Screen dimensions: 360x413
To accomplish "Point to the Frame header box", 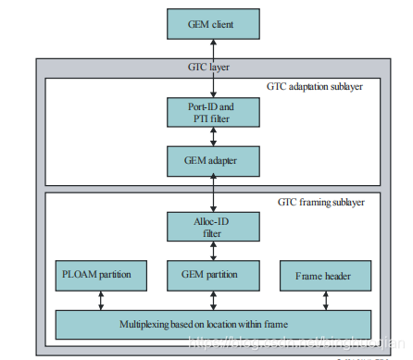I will point(324,275).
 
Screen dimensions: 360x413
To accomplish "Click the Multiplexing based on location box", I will point(213,325).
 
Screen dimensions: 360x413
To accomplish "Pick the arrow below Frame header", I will point(324,300).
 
